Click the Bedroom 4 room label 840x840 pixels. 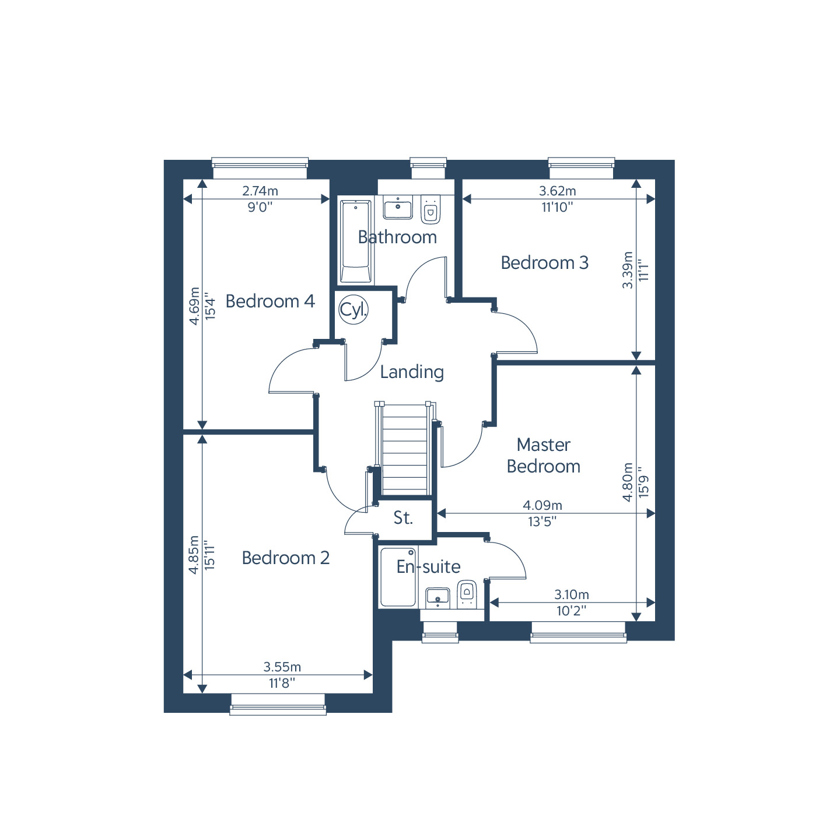pyautogui.click(x=270, y=301)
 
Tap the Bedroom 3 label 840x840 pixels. pyautogui.click(x=544, y=262)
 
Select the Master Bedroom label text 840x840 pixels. pyautogui.click(x=543, y=456)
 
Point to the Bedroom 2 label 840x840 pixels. pyautogui.click(x=285, y=558)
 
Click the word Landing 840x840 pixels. pyautogui.click(x=412, y=372)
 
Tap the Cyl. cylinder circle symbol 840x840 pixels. pyautogui.click(x=353, y=310)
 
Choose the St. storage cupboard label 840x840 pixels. pyautogui.click(x=402, y=517)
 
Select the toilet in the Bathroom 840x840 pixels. pyautogui.click(x=430, y=209)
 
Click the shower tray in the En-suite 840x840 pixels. pyautogui.click(x=398, y=577)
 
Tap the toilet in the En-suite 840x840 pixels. pyautogui.click(x=467, y=594)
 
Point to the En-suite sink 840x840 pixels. pyautogui.click(x=437, y=598)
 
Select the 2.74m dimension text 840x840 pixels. pyautogui.click(x=260, y=191)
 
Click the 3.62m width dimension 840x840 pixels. pyautogui.click(x=558, y=191)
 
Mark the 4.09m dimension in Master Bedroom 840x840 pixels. pyautogui.click(x=542, y=505)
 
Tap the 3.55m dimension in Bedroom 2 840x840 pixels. pyautogui.click(x=282, y=667)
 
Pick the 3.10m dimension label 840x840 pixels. pyautogui.click(x=572, y=594)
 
